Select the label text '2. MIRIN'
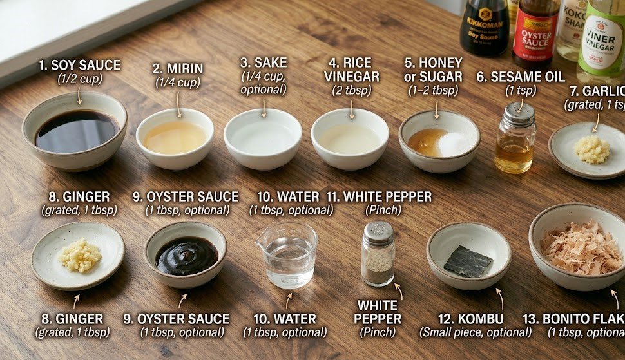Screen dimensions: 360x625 [x=177, y=68]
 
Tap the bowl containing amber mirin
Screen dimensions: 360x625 [x=175, y=137]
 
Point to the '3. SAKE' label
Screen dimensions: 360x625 [x=263, y=62]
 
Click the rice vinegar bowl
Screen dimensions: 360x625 [x=350, y=138]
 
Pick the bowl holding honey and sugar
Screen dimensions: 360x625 [x=439, y=141]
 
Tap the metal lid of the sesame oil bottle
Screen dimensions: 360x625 [x=519, y=115]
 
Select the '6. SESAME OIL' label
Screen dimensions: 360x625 [x=521, y=77]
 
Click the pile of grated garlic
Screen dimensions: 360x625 [x=591, y=149]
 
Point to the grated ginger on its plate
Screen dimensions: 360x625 [x=80, y=255]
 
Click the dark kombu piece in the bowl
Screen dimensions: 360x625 [x=467, y=261]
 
